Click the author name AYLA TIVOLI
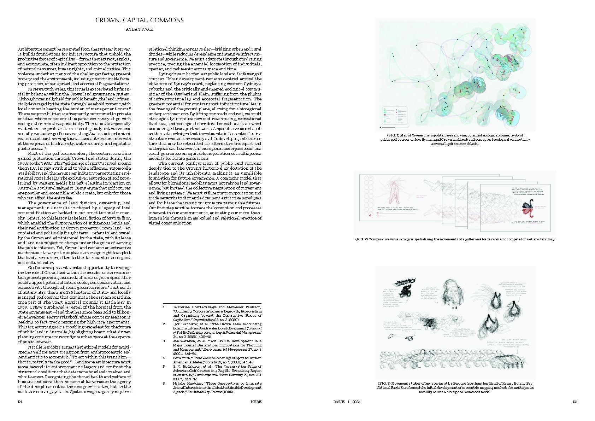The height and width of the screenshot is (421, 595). pyautogui.click(x=140, y=29)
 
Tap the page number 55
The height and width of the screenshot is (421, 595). pyautogui.click(x=575, y=402)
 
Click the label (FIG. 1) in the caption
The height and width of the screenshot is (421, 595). pyautogui.click(x=384, y=135)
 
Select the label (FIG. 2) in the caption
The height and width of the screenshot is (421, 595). pyautogui.click(x=361, y=239)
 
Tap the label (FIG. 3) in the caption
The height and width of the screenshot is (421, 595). pyautogui.click(x=384, y=384)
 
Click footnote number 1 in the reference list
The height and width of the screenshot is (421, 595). pyautogui.click(x=164, y=307)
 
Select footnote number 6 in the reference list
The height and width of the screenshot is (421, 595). pyautogui.click(x=164, y=383)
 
